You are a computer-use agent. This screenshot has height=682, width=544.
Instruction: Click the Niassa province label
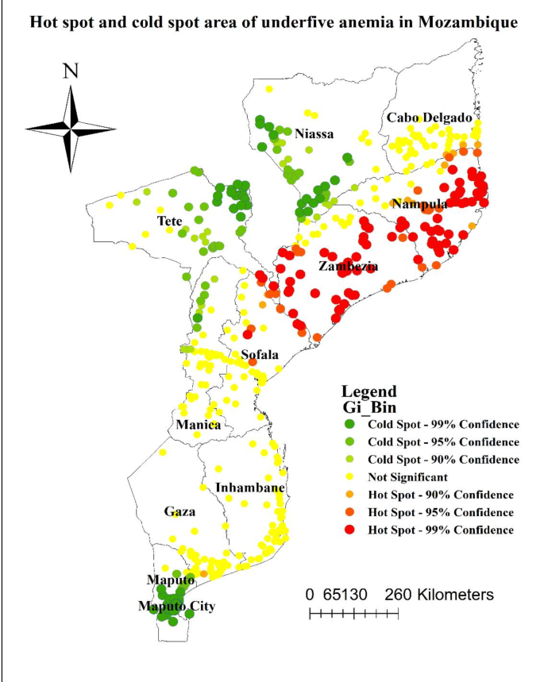coord(314,133)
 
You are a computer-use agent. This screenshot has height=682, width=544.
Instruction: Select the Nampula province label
coord(419,204)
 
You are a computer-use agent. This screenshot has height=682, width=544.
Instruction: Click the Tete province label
coord(169,220)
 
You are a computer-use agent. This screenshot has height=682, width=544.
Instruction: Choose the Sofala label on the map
coord(259,354)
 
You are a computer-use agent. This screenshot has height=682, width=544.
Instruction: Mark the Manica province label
coord(199,425)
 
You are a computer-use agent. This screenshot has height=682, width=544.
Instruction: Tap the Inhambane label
coord(249,487)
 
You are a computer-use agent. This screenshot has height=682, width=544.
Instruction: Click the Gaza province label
coord(179,511)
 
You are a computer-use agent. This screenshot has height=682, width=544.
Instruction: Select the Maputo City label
coord(176,607)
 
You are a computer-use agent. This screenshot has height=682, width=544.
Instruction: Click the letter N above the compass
coord(71,71)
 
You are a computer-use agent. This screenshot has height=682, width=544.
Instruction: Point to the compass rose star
coord(71,127)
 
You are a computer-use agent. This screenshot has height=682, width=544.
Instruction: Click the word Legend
coord(368,391)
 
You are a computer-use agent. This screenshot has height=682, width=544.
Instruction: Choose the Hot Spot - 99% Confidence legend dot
coord(352,530)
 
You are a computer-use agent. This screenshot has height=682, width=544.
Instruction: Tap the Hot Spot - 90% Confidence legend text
coord(440,495)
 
